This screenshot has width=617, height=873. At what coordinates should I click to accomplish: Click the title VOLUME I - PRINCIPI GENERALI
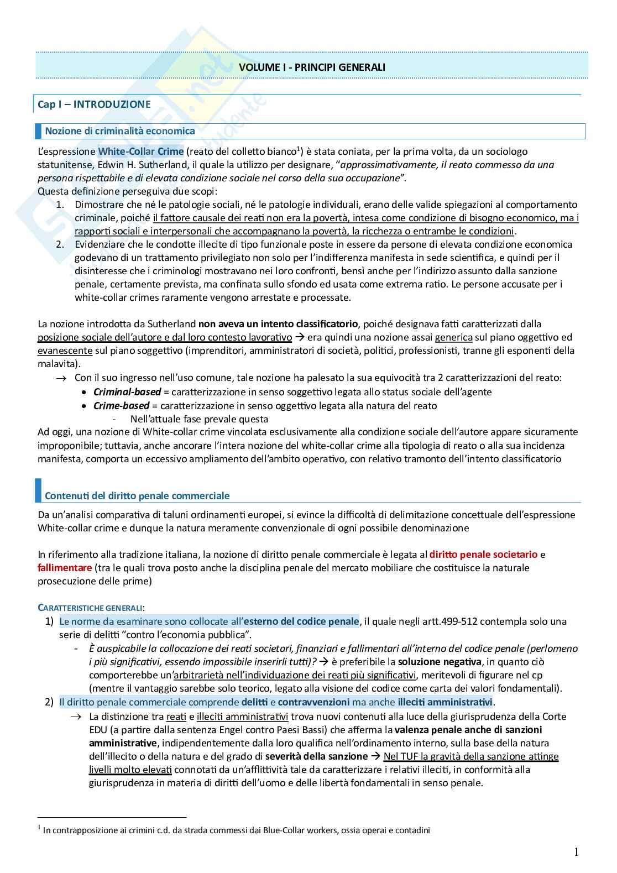(x=312, y=67)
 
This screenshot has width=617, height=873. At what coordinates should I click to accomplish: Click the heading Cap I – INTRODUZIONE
(x=93, y=104)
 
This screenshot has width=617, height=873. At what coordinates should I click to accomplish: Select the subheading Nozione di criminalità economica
(x=119, y=131)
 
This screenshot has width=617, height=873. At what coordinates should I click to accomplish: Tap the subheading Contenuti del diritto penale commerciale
(x=137, y=495)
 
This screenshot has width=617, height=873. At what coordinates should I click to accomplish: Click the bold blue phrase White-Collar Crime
(x=142, y=151)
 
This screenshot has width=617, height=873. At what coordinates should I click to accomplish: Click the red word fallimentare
(x=65, y=567)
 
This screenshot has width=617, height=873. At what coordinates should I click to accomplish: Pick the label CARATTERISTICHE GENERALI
(x=90, y=608)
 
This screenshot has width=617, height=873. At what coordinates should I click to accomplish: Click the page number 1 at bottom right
(x=576, y=852)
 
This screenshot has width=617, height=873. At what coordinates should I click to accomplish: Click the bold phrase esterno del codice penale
(x=301, y=621)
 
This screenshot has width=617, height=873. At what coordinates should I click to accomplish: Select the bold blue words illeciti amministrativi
(x=445, y=702)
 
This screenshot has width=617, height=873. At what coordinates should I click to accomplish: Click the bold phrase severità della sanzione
(x=316, y=756)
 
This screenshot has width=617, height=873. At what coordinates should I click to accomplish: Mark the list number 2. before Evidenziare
(x=61, y=244)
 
